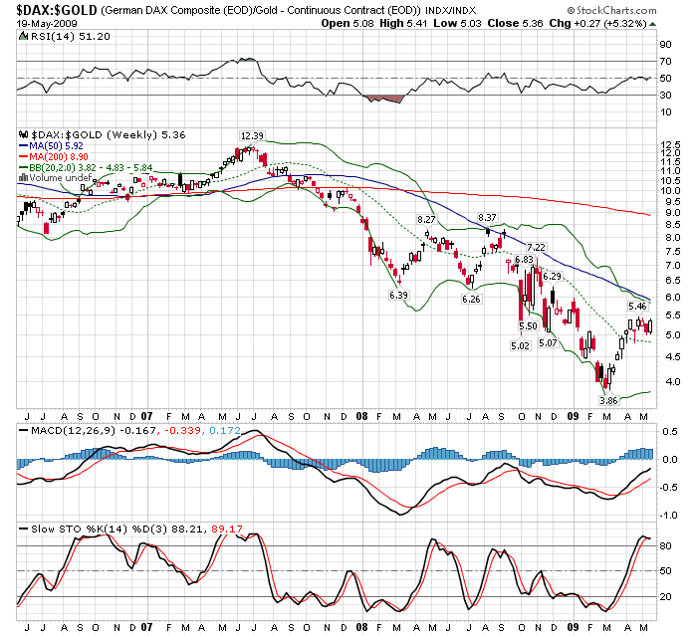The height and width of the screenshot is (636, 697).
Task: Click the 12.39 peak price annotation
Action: tap(251, 135)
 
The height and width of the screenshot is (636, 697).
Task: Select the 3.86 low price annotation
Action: tap(608, 399)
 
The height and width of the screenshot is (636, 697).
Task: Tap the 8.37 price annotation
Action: tap(487, 217)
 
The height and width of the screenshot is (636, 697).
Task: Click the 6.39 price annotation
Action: tap(398, 295)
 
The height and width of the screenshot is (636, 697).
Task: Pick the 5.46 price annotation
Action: tap(637, 307)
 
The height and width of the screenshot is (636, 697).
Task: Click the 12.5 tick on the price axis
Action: tap(668, 145)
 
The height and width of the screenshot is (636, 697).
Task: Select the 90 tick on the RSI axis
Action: tap(664, 45)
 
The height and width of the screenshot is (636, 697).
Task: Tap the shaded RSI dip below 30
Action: tap(385, 99)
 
